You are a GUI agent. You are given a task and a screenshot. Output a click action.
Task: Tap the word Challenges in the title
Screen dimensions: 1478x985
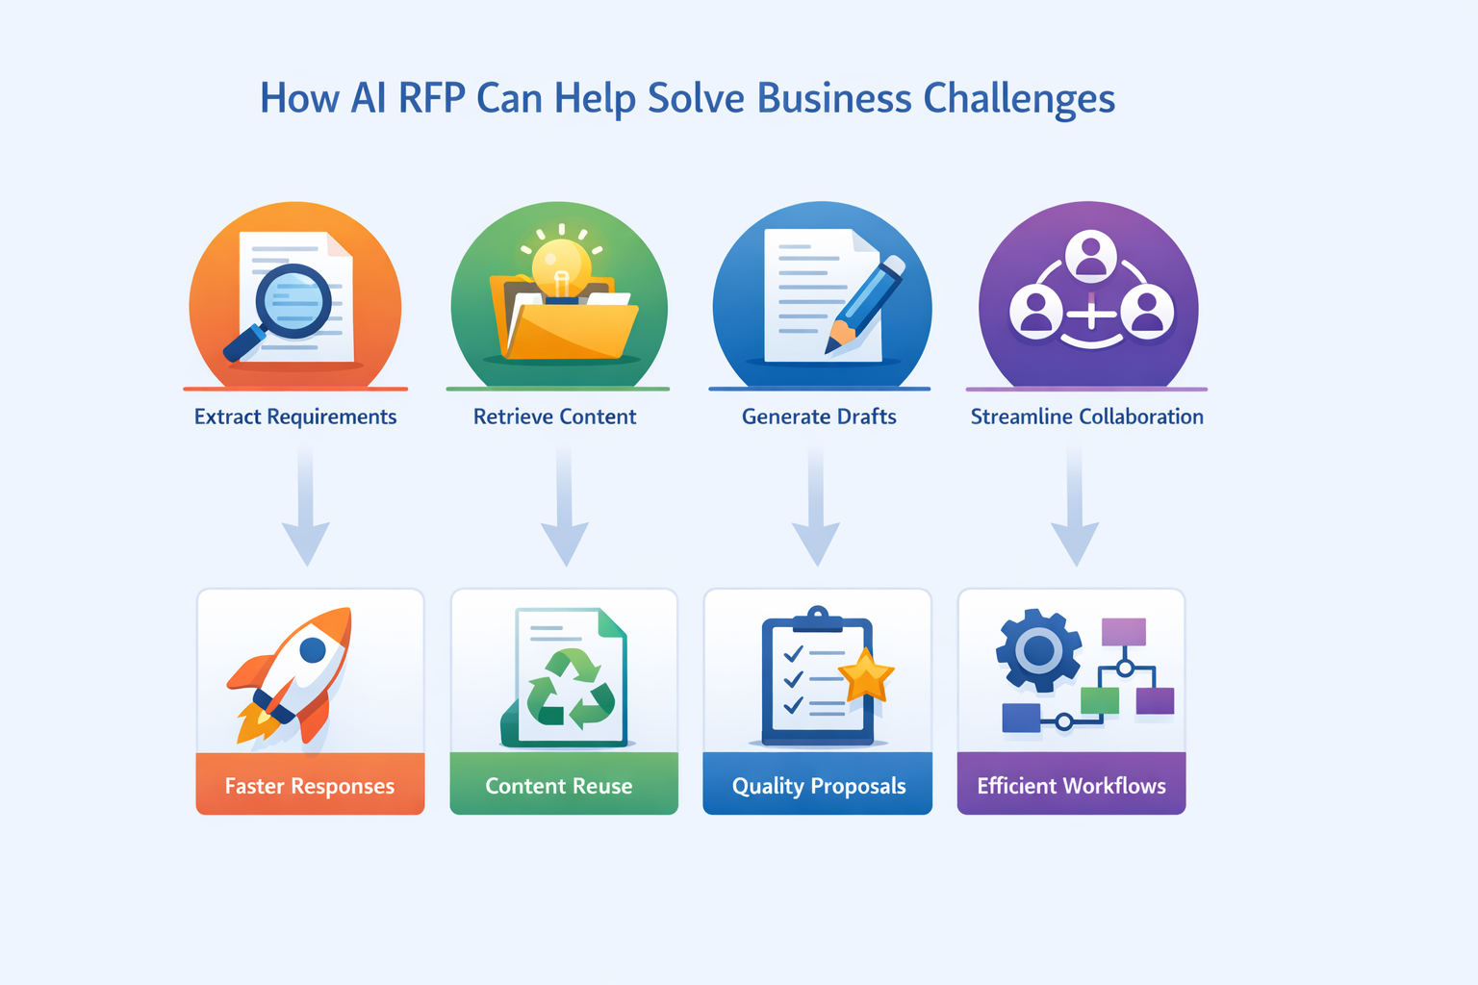[1019, 99]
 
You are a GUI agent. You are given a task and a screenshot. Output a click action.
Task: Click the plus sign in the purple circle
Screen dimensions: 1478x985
[1091, 314]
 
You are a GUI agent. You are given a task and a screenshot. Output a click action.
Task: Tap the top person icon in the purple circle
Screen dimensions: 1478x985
[1090, 253]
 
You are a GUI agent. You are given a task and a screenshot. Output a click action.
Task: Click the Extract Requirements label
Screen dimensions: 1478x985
[295, 417]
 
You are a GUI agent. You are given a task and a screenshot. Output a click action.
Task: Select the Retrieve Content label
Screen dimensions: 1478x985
[554, 417]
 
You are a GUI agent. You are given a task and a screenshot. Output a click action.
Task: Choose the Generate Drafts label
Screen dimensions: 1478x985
[819, 417]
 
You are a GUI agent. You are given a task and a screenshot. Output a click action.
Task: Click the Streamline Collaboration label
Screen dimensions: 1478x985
[1086, 417]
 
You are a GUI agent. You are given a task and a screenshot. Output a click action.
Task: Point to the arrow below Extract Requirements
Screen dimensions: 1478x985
[305, 505]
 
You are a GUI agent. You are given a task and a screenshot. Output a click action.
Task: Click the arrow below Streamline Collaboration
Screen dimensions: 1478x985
[1075, 505]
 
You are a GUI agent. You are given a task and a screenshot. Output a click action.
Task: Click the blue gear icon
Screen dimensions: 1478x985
[1038, 650]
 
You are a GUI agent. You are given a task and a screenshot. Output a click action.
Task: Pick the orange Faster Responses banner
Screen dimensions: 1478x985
[310, 783]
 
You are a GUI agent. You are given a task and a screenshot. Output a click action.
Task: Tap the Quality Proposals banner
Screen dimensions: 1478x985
[818, 783]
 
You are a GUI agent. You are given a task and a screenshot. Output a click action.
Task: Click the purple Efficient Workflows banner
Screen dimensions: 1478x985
[1072, 783]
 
